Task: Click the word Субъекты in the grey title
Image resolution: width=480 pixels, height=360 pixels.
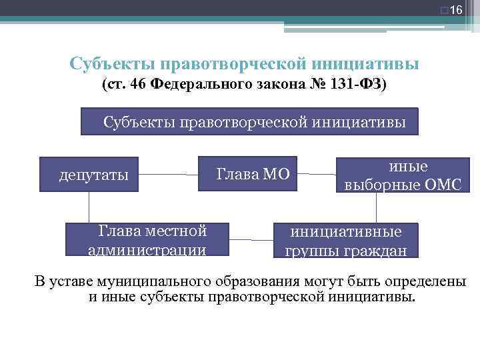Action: (x=111, y=64)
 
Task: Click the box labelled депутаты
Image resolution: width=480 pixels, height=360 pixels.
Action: (x=89, y=175)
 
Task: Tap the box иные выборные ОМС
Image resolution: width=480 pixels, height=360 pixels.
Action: (x=401, y=175)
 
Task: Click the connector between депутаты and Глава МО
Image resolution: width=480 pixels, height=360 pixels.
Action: (x=169, y=175)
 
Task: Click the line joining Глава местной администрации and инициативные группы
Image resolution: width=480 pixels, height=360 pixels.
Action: (x=250, y=238)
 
